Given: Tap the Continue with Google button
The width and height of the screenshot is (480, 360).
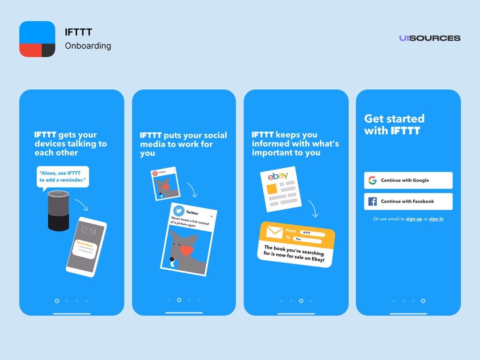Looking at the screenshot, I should pos(408,180).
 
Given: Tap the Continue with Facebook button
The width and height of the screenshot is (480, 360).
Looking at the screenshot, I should pos(408,201).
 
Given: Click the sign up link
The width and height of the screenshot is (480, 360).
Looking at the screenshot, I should pos(414,219).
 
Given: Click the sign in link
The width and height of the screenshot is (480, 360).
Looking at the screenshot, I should pos(436,219).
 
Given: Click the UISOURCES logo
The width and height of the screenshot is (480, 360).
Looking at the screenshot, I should pos(430,38).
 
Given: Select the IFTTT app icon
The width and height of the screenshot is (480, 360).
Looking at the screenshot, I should pos(37,39).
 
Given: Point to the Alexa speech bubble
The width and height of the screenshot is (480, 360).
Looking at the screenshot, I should pos(63,176).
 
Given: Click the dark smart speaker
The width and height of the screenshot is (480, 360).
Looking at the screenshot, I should pos(59,210).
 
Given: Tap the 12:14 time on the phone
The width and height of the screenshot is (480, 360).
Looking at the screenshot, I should pos(88,231).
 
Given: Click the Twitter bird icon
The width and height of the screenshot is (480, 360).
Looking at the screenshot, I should pos(179,211).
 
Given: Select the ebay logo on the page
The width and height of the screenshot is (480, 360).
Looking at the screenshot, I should pos(278,176).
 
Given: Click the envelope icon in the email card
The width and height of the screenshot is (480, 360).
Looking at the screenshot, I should pos(274,232).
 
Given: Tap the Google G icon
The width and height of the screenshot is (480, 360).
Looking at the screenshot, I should pos(372,180).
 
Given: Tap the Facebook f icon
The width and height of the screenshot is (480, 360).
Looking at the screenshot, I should pos(372,201).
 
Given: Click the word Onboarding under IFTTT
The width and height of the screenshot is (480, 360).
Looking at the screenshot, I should pos(88,46).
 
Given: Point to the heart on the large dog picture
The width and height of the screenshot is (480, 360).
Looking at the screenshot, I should pos(187,250).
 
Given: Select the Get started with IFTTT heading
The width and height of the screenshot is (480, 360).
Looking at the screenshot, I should pos(394,124).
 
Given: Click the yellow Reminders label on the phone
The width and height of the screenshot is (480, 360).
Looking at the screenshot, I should pos(85,244).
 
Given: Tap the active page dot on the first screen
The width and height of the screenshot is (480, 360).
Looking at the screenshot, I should pos(57,301).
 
